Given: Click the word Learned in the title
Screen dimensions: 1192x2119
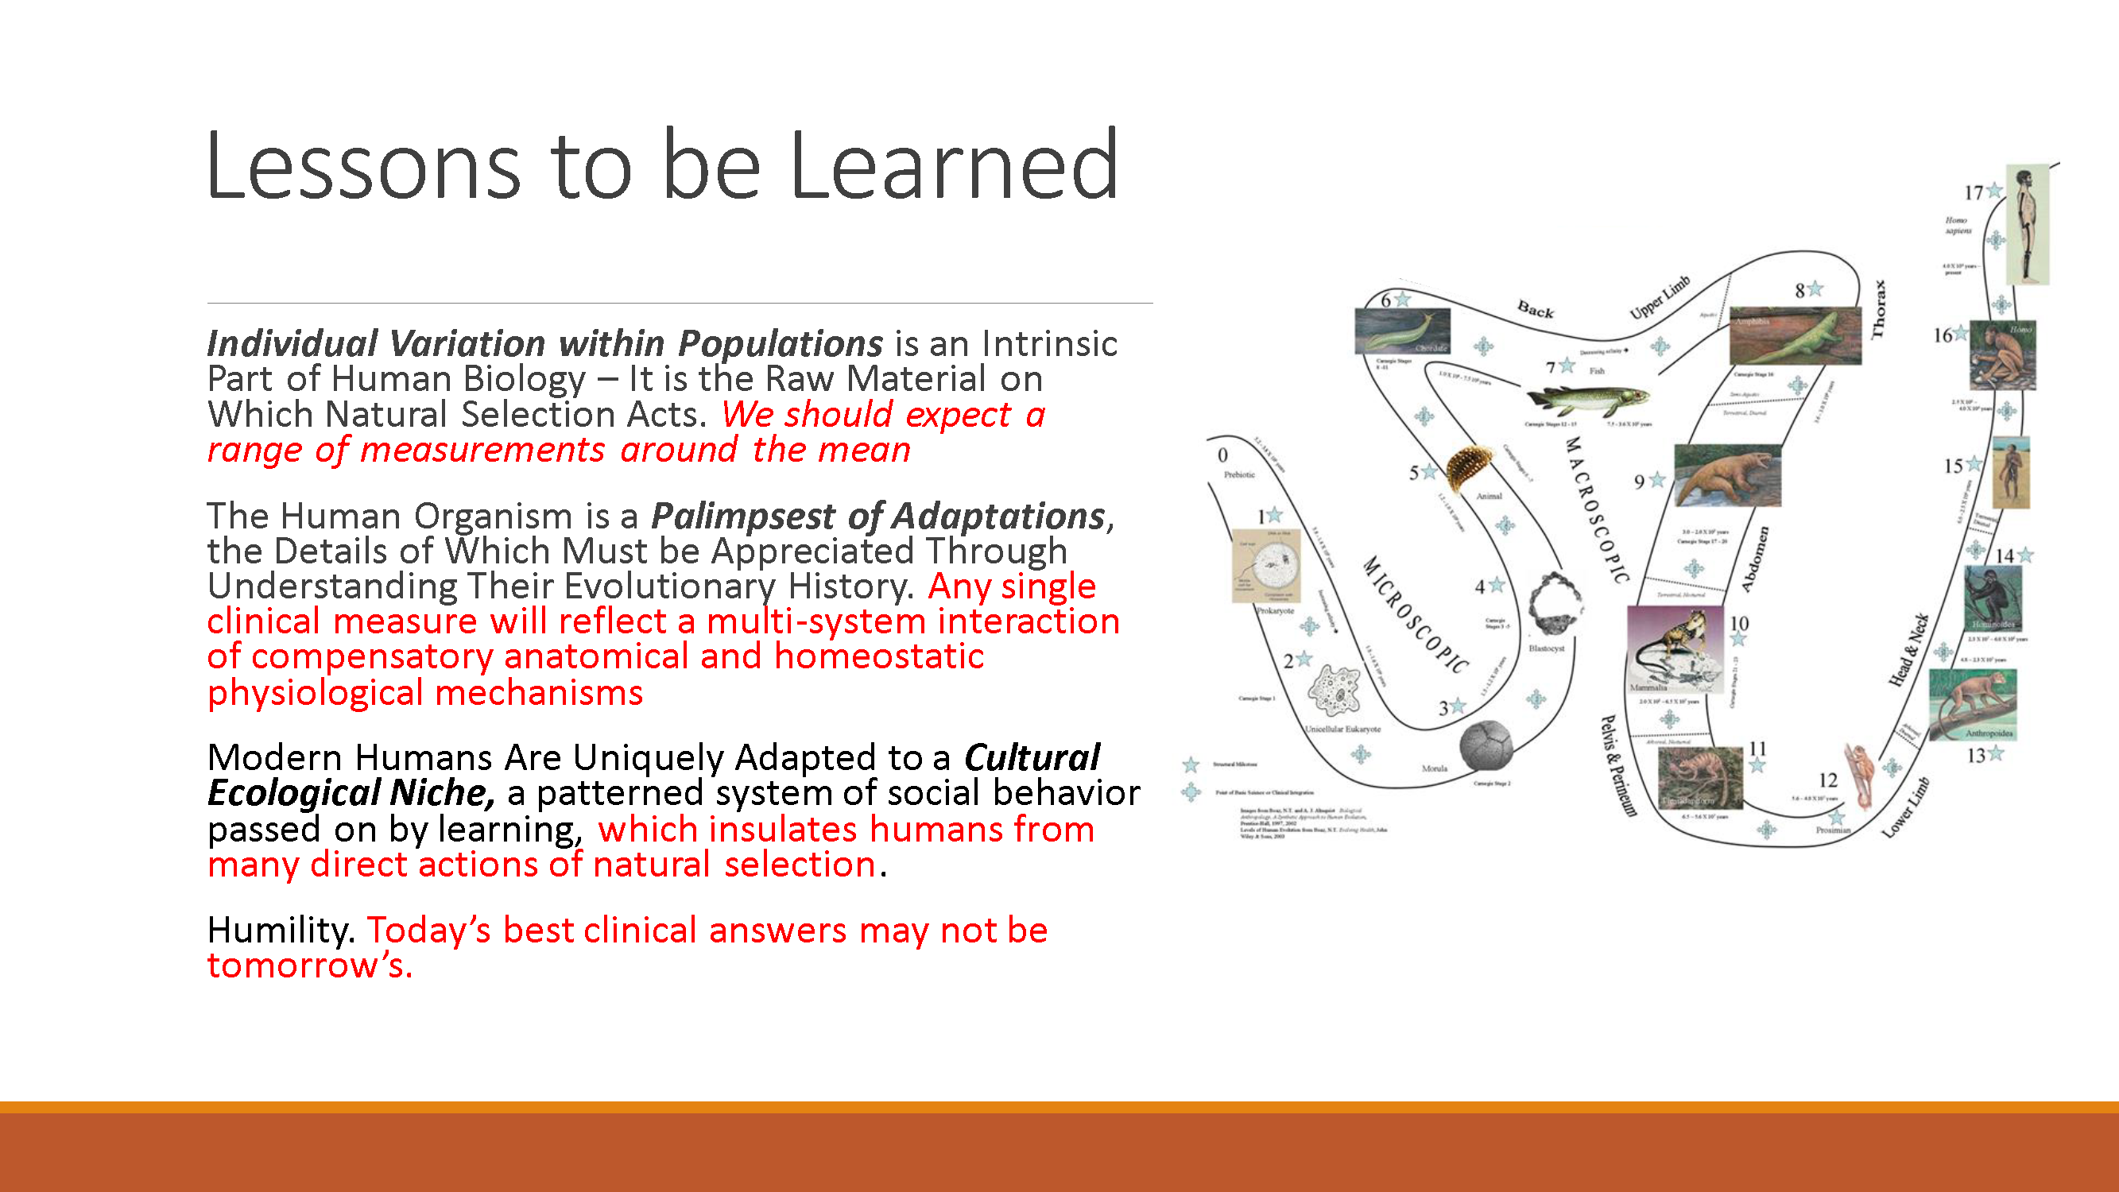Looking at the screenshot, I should pyautogui.click(x=955, y=166).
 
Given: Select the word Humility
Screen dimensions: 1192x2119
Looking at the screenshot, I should pyautogui.click(x=279, y=931).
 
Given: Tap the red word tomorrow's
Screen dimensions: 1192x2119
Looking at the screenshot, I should pyautogui.click(x=308, y=966).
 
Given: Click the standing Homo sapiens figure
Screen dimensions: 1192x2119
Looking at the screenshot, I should pyautogui.click(x=2026, y=224).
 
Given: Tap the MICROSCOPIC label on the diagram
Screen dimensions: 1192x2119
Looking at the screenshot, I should pyautogui.click(x=1415, y=613).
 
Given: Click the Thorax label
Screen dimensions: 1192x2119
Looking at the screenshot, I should pyautogui.click(x=1878, y=309).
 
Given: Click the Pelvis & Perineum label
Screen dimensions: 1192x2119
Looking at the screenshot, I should pyautogui.click(x=1617, y=765).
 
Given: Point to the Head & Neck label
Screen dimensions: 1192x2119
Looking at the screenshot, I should pyautogui.click(x=1908, y=650).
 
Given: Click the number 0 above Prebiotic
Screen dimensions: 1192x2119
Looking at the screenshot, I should pyautogui.click(x=1222, y=455).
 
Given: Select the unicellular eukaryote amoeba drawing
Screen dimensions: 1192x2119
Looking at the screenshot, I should pyautogui.click(x=1334, y=689).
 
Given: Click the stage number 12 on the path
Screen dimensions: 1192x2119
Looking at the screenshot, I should pyautogui.click(x=1828, y=780).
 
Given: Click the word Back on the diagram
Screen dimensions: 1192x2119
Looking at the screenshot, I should pyautogui.click(x=1535, y=310).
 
